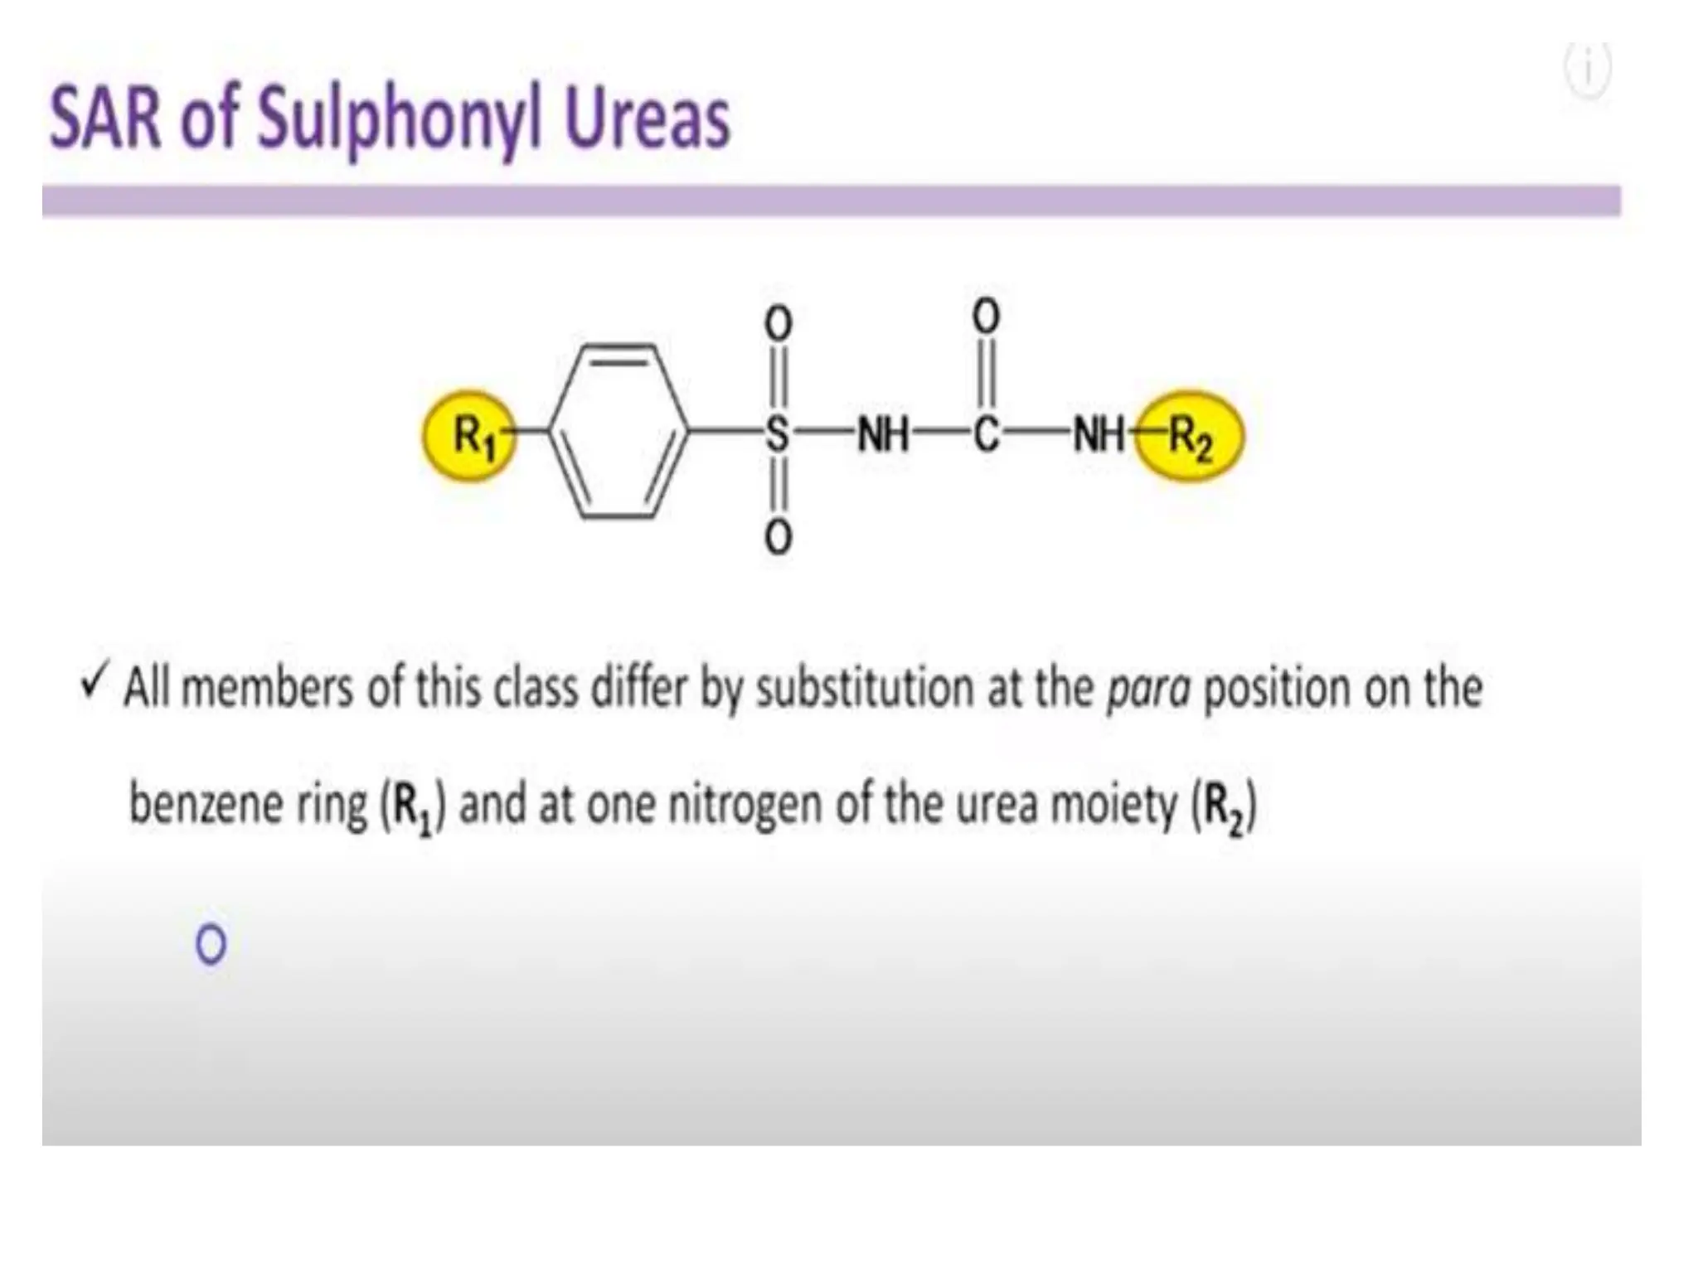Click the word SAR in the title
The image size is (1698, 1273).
click(x=104, y=119)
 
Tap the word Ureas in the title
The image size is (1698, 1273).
click(x=647, y=119)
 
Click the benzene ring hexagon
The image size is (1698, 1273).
click(x=619, y=432)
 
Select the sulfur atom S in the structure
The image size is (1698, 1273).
click(x=777, y=433)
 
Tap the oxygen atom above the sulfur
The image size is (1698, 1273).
click(x=778, y=323)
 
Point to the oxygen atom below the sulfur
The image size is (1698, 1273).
click(x=778, y=539)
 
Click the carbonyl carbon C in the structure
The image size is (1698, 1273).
click(x=986, y=433)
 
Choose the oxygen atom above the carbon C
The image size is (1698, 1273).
click(x=986, y=316)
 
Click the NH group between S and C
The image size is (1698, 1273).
click(x=883, y=433)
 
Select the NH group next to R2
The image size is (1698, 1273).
click(x=1099, y=433)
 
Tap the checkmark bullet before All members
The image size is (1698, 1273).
click(x=94, y=685)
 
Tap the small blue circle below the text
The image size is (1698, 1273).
click(x=211, y=944)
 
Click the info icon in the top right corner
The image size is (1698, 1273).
click(x=1588, y=70)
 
